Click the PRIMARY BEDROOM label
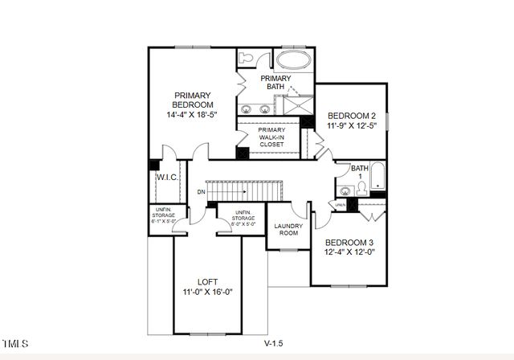[x=193, y=100]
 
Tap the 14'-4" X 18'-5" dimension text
[x=193, y=115]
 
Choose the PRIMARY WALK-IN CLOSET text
[x=271, y=137]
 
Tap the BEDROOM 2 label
[x=346, y=116]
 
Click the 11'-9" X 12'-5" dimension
[x=346, y=127]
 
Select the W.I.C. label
[x=166, y=177]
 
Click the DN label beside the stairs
[x=200, y=192]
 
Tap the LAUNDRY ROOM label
[x=288, y=229]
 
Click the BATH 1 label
[x=360, y=172]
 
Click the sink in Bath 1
[x=345, y=191]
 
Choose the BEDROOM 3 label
[x=349, y=242]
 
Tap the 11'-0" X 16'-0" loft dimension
[x=207, y=292]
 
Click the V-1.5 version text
[x=274, y=343]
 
